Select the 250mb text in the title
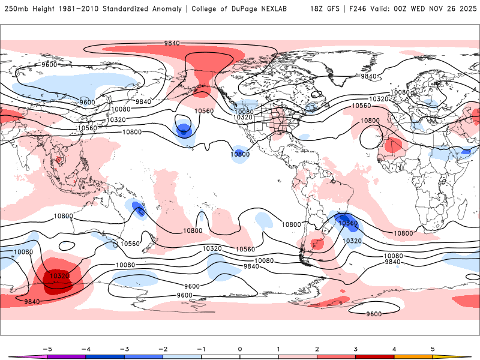click(14, 9)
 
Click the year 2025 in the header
click(464, 9)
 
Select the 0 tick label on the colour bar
click(240, 349)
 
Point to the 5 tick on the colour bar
click(433, 349)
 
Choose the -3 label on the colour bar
click(124, 349)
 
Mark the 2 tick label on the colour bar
click(317, 349)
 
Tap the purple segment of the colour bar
click(67, 357)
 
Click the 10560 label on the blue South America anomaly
click(348, 223)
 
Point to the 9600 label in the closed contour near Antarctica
click(374, 314)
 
